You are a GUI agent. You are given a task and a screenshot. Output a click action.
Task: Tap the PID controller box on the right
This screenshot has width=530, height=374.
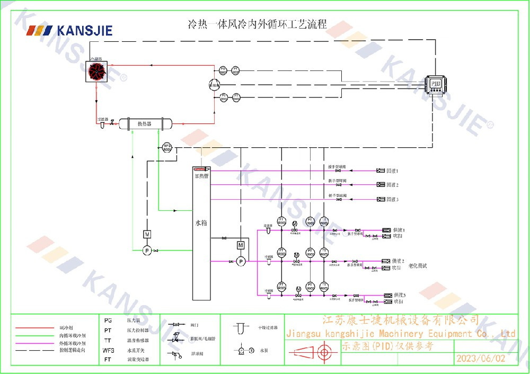tap(435, 84)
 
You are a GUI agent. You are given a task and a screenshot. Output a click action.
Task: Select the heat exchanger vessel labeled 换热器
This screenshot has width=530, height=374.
tap(145, 123)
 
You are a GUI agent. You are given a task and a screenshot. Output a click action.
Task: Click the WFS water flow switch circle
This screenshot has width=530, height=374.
tap(167, 147)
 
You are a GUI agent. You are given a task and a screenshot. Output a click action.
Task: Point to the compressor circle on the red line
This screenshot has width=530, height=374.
tap(214, 84)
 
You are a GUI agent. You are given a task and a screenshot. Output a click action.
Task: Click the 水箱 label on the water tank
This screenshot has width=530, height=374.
tap(201, 223)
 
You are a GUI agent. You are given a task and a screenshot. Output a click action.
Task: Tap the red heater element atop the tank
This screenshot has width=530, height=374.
tap(201, 170)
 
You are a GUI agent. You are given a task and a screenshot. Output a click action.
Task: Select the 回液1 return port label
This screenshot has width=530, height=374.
tap(392, 171)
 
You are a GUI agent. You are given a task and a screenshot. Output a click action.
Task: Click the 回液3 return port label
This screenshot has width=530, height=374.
tap(392, 199)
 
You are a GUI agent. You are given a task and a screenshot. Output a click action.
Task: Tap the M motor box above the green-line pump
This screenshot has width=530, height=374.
tap(147, 234)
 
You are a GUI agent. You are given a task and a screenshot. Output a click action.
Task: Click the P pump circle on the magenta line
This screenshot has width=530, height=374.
tap(241, 261)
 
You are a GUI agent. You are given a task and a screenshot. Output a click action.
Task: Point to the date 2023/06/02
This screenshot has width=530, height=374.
tap(480, 358)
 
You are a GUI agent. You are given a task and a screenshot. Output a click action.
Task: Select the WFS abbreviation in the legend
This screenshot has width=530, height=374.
tap(109, 350)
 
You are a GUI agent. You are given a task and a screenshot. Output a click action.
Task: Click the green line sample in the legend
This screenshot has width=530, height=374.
tap(35, 335)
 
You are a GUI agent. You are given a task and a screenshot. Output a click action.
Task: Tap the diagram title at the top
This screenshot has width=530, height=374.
tap(258, 24)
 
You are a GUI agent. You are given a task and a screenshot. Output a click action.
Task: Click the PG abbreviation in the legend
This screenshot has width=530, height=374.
tap(108, 320)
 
